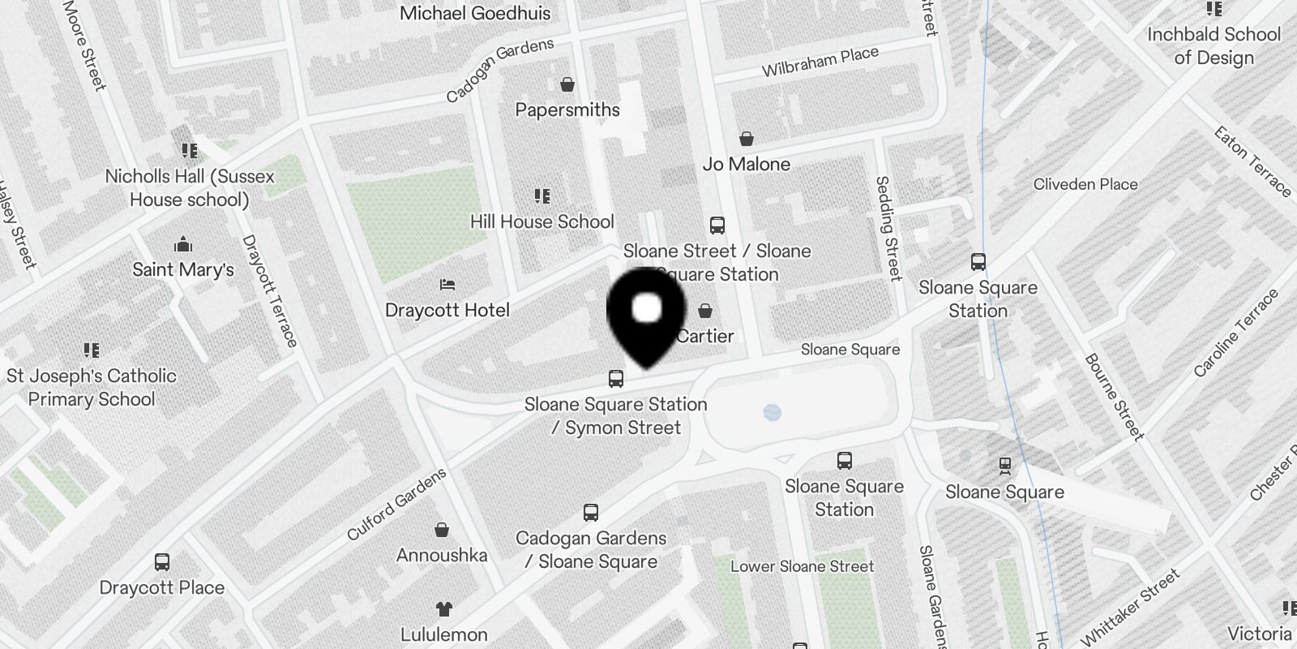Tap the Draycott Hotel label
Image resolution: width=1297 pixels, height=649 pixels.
[447, 310]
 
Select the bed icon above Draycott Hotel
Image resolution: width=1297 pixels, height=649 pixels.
[447, 285]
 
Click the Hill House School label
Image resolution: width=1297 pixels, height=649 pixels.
[542, 221]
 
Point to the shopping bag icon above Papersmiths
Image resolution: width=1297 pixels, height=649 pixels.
[568, 84]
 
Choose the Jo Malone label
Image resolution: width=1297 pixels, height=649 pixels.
[747, 164]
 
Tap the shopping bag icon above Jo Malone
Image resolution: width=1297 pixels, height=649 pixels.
[747, 139]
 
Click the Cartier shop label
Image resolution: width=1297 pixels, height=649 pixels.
[705, 336]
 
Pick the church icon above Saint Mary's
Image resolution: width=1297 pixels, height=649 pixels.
[183, 244]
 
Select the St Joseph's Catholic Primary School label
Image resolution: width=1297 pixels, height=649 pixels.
[92, 388]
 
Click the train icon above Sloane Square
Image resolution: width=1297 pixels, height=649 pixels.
[1005, 466]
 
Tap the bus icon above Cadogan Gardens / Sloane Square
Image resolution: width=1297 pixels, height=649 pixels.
[591, 513]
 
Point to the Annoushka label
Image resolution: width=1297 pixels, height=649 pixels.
[442, 556]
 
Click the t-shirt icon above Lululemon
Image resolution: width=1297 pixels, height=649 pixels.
[443, 609]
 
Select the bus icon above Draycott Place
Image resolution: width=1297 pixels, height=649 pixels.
[162, 562]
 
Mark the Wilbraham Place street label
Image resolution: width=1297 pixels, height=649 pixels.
[820, 62]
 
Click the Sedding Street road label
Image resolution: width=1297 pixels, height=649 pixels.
[889, 229]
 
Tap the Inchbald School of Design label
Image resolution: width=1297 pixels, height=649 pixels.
[1214, 46]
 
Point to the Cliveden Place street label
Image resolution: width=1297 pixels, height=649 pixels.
[1085, 184]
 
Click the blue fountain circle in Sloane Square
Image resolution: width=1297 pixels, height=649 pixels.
[773, 412]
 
